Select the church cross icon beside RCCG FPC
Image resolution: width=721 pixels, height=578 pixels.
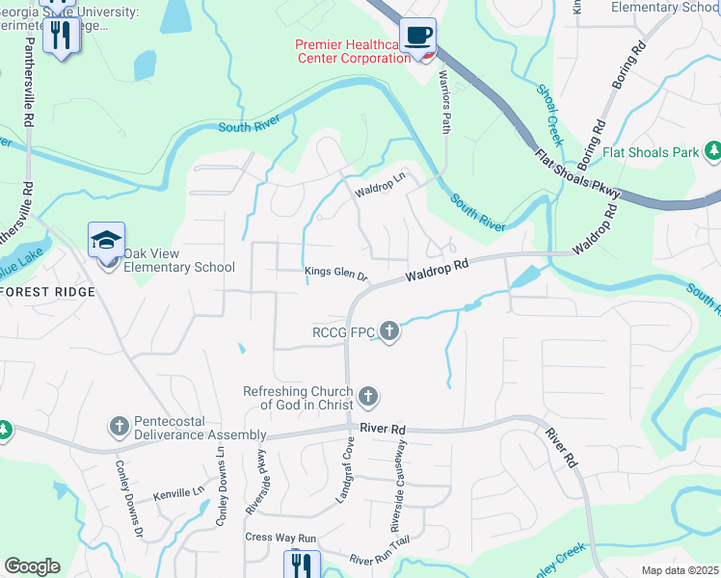tap(389, 333)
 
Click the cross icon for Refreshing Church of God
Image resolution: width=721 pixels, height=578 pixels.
tap(367, 397)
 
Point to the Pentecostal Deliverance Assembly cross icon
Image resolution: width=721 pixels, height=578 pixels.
tap(119, 426)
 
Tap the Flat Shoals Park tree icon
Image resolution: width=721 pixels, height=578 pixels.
tap(713, 151)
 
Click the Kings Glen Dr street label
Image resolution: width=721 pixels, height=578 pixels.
tap(336, 274)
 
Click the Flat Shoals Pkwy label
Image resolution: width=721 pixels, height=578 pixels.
tap(577, 174)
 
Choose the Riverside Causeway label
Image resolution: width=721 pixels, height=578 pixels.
tap(396, 486)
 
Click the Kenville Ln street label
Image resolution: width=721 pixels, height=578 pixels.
tap(179, 493)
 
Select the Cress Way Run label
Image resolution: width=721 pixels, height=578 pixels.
tap(280, 538)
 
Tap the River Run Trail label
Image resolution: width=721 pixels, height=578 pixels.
tap(380, 559)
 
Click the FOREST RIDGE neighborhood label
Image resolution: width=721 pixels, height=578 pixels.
tap(47, 292)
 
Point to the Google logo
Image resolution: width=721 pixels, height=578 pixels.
tap(32, 566)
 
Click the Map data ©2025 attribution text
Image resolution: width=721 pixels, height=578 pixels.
tap(681, 570)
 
